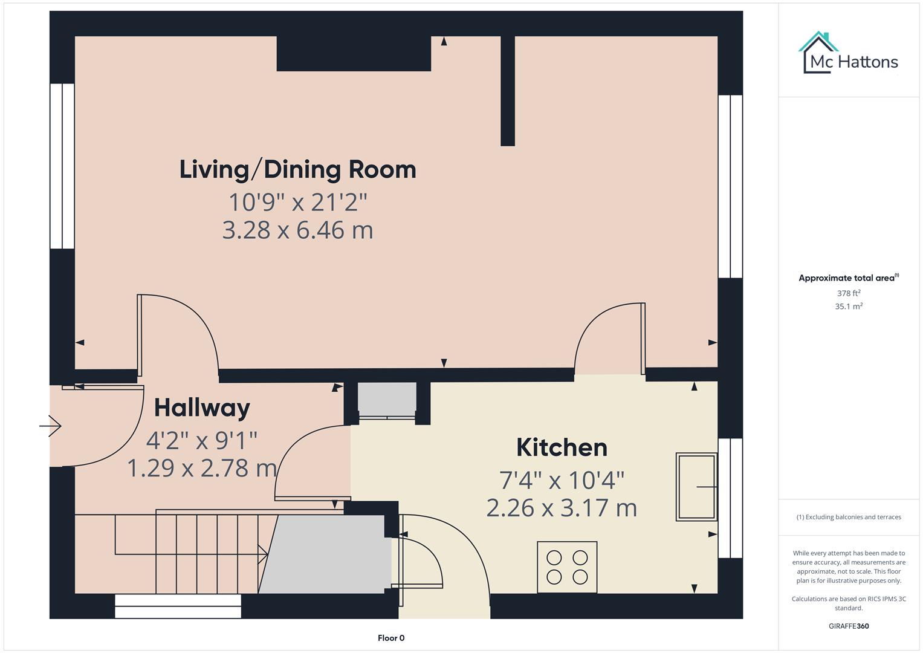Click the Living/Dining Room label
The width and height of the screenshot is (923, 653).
pyautogui.click(x=297, y=169)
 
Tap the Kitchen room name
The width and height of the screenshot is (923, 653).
pyautogui.click(x=562, y=447)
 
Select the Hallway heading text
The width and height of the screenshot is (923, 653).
pyautogui.click(x=202, y=408)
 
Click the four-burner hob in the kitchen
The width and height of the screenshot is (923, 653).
pyautogui.click(x=567, y=567)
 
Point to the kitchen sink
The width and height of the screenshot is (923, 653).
pyautogui.click(x=696, y=487)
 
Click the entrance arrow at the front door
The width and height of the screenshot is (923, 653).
pyautogui.click(x=51, y=426)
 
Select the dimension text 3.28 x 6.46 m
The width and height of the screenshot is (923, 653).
pyautogui.click(x=297, y=230)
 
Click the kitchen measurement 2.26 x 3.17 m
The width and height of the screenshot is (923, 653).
pyautogui.click(x=562, y=508)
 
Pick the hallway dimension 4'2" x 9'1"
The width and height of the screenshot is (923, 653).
pyautogui.click(x=202, y=440)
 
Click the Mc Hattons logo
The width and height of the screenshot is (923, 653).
pyautogui.click(x=849, y=54)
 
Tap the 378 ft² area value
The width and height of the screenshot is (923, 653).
pyautogui.click(x=849, y=293)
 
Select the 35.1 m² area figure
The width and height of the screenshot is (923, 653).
pyautogui.click(x=849, y=307)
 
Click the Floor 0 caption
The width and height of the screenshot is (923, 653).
pyautogui.click(x=391, y=638)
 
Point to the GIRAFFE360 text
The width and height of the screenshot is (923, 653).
pyautogui.click(x=849, y=626)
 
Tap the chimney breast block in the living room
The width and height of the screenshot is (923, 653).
pyautogui.click(x=354, y=53)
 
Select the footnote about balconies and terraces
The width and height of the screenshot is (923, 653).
pyautogui.click(x=849, y=517)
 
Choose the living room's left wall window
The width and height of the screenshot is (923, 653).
pyautogui.click(x=62, y=166)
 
